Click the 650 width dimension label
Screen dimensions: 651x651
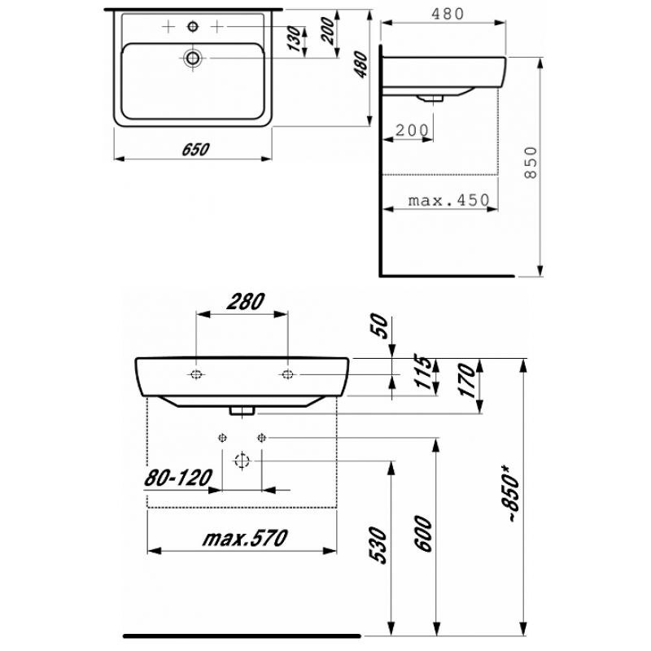pos(195,150)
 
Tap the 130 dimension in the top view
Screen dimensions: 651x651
pos(295,38)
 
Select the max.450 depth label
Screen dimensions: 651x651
pos(449,201)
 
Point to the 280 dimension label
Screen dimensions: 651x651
pos(246,301)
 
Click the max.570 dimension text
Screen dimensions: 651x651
pos(245,538)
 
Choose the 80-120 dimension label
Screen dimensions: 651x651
pos(178,478)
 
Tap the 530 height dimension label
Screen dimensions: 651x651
pos(378,545)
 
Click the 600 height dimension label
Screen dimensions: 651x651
pos(424,534)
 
